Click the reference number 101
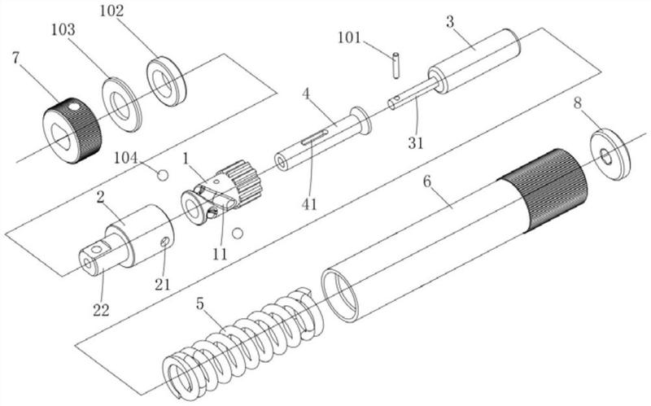click(x=350, y=37)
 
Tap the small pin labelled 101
click(x=396, y=64)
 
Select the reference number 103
click(x=63, y=29)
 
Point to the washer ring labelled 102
click(x=166, y=81)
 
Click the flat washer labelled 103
click(x=122, y=104)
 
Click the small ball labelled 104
click(x=163, y=175)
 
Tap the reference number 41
click(x=309, y=204)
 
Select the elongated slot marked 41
click(x=315, y=138)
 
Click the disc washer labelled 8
click(x=609, y=155)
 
